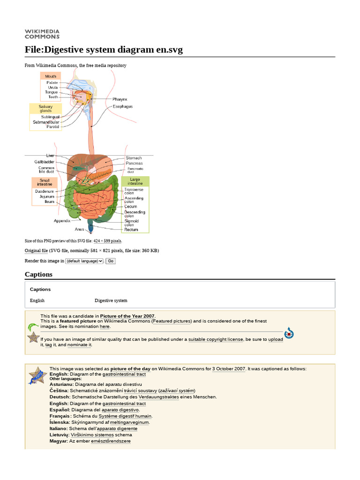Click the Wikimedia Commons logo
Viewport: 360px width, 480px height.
[42, 34]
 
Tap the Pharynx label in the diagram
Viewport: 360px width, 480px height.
[120, 99]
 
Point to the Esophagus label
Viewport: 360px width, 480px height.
[122, 106]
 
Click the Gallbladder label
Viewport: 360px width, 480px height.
[45, 162]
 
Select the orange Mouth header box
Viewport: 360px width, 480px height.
[51, 76]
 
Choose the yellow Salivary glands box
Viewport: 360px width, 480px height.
[45, 109]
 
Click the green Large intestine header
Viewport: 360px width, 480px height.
[135, 182]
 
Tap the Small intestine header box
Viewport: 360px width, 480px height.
[45, 182]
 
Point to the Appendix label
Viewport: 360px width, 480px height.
[62, 220]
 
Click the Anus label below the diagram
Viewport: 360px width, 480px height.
[79, 229]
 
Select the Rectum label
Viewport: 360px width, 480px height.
[131, 230]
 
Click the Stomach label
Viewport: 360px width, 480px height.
[134, 158]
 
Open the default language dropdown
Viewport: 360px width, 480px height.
[84, 261]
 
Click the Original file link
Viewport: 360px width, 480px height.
[36, 251]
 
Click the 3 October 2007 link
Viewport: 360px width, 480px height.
[229, 369]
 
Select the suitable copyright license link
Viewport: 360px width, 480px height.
[216, 339]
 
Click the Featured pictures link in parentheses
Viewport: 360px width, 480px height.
[172, 321]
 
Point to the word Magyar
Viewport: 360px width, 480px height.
[59, 441]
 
